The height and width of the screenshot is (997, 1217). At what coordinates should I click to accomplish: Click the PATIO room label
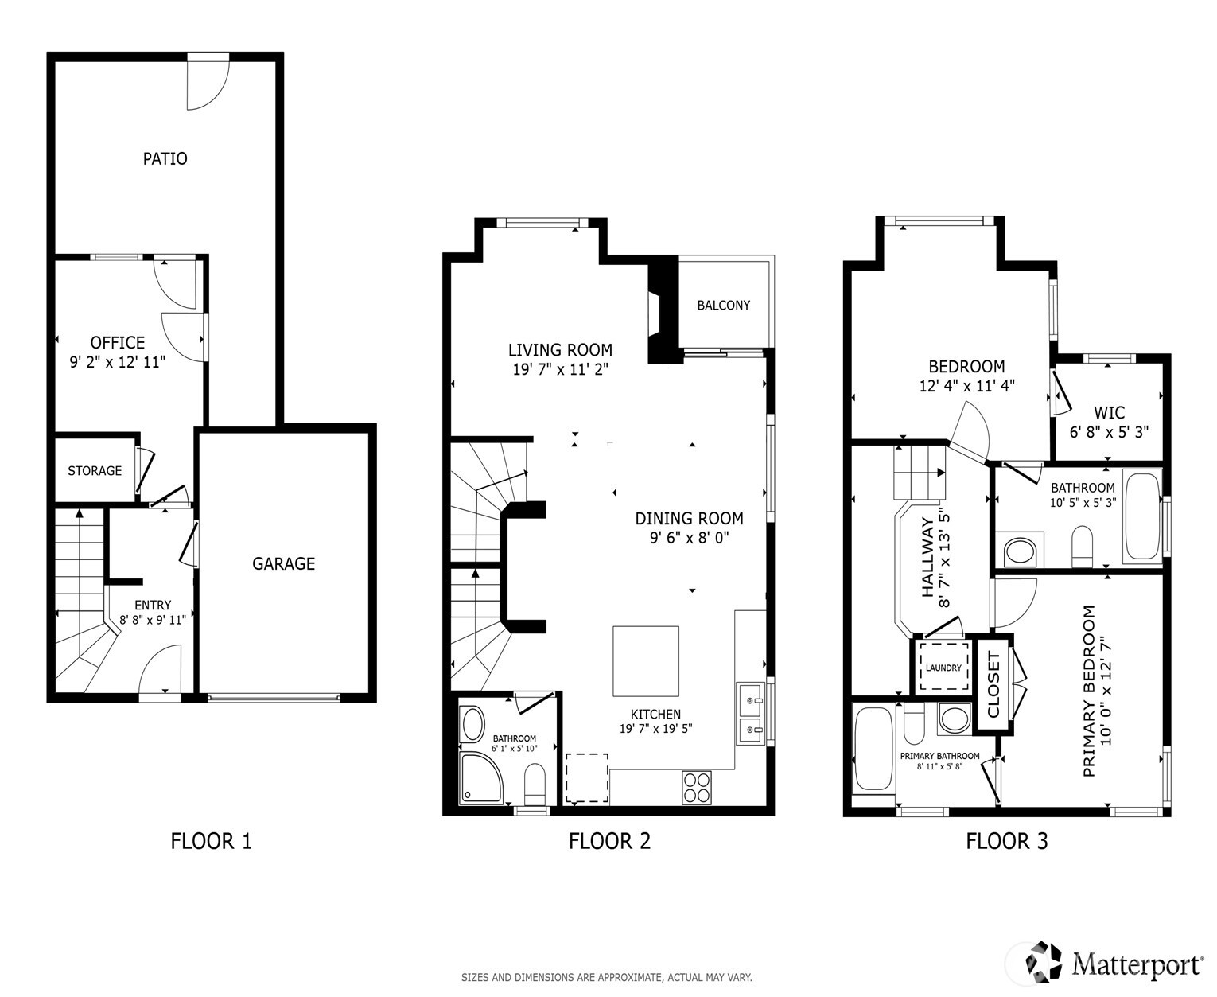coord(165,158)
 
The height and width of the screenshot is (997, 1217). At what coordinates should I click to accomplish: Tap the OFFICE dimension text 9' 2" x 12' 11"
coord(118,363)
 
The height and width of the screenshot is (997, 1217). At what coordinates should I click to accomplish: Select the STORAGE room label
coord(95,471)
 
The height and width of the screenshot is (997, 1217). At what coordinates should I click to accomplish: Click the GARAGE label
coord(283,563)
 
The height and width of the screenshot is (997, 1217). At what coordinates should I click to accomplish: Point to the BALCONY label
coord(723,306)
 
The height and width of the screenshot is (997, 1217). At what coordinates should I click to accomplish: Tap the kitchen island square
coord(645,660)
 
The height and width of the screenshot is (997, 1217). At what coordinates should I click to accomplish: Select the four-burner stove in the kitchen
coord(696,788)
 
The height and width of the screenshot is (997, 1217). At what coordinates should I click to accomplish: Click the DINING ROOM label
coord(689,519)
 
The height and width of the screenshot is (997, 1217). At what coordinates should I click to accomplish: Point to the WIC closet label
coord(1109,413)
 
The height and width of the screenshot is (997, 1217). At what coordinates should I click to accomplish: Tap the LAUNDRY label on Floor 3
coord(943,668)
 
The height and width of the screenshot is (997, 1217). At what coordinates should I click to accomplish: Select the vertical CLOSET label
coord(993,684)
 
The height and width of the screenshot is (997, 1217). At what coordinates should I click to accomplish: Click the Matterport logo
coord(1114,964)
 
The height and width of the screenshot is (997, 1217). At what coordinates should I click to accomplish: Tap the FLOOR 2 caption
coord(609,841)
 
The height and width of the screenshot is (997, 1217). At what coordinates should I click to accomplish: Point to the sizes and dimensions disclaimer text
coord(606,977)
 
